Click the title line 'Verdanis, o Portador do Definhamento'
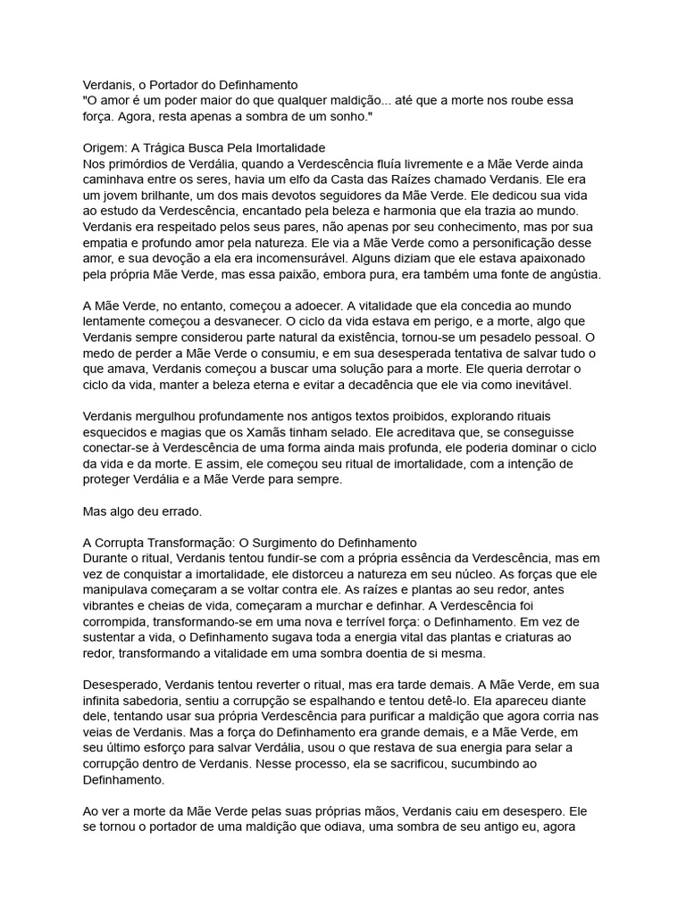point(189,85)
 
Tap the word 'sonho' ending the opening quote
point(344,117)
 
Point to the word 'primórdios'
point(143,163)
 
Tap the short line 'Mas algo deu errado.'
point(142,512)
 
